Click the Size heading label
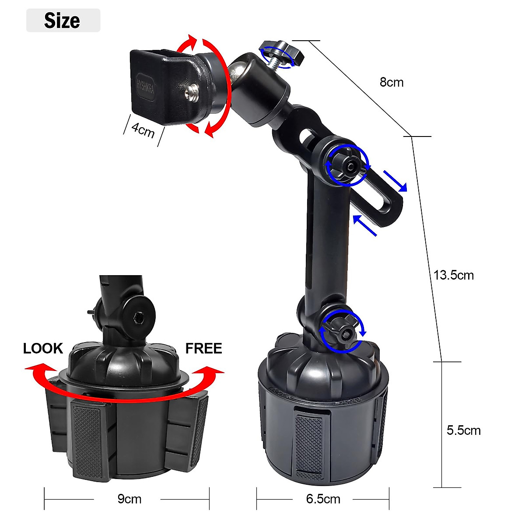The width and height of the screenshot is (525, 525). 62,21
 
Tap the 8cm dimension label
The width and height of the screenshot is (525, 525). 392,82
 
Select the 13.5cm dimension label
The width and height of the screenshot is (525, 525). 454,275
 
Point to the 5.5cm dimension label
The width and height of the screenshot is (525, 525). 463,430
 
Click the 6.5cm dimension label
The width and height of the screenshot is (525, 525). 323,499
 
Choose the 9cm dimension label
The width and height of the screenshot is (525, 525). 129,499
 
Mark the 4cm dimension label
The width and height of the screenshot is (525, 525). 143,129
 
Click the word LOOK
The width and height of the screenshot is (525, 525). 43,348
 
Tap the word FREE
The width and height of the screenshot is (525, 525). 203,348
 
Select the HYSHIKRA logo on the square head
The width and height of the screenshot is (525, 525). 143,82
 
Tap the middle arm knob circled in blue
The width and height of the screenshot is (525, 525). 346,166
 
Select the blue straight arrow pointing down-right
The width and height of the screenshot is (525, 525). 395,181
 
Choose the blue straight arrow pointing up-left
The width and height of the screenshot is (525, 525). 364,225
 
